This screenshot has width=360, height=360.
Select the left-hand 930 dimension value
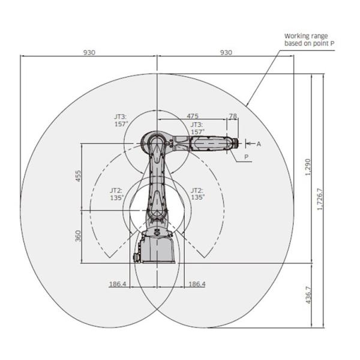(89, 53)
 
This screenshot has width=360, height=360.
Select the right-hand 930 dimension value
(226, 53)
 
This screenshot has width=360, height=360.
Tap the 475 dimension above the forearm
(193, 115)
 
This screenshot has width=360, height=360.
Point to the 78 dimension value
(233, 115)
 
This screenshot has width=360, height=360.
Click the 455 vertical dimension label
(78, 176)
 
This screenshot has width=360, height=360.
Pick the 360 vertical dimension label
(78, 236)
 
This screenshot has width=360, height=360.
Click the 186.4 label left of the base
(118, 284)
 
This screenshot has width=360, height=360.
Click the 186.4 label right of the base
(196, 284)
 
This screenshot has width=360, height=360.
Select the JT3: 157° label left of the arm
(122, 120)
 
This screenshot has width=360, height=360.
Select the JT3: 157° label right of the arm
(197, 127)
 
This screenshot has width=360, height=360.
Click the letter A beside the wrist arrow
(259, 144)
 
